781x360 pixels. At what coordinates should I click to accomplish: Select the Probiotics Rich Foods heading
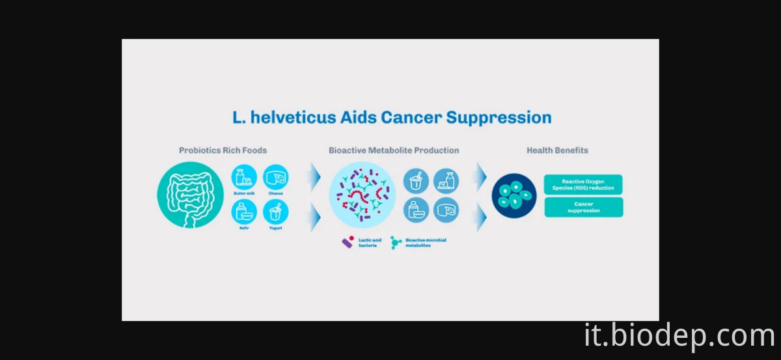coord(223,150)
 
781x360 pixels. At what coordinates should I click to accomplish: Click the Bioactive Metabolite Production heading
coord(394,150)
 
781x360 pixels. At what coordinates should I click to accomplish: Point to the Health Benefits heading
coord(557,150)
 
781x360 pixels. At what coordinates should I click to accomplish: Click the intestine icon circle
coord(189,195)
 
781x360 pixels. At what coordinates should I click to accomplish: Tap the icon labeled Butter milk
coord(243,177)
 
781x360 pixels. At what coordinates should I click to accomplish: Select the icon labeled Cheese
coord(275,177)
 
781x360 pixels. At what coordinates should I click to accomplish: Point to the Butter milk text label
coord(243,193)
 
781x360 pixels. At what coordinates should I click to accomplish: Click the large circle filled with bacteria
coord(362,195)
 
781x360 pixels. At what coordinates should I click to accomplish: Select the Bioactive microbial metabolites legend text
coord(426,243)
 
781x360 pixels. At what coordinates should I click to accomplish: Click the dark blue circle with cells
coord(514,195)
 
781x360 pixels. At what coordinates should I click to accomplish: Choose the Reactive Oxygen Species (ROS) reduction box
coord(583,184)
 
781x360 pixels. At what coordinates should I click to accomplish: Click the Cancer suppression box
coord(583,207)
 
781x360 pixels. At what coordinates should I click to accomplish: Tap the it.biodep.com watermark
coord(679,336)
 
